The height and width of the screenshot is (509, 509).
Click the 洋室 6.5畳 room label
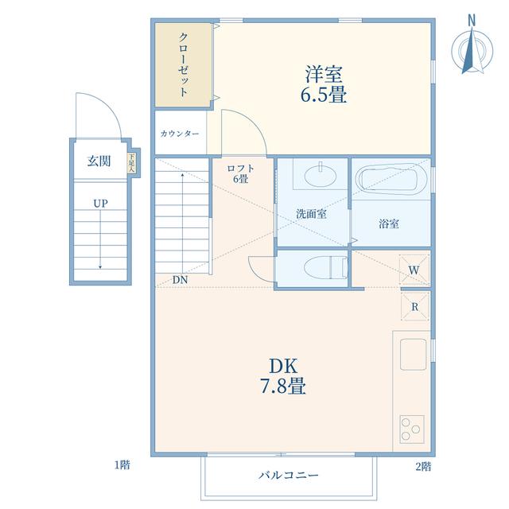pyautogui.click(x=324, y=84)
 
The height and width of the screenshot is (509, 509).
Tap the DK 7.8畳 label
pyautogui.click(x=283, y=376)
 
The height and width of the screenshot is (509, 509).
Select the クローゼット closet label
pyautogui.click(x=184, y=64)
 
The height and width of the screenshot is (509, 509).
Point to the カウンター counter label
pyautogui.click(x=180, y=134)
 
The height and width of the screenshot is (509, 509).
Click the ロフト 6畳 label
pyautogui.click(x=240, y=173)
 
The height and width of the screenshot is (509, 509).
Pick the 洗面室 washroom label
pyautogui.click(x=311, y=214)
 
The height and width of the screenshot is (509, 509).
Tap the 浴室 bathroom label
pyautogui.click(x=389, y=223)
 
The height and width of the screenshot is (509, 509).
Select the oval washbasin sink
pyautogui.click(x=321, y=175)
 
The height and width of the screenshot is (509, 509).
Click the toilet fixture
pyautogui.click(x=325, y=267)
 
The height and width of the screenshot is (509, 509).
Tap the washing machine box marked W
pyautogui.click(x=414, y=270)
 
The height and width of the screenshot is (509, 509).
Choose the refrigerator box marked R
pyautogui.click(x=415, y=306)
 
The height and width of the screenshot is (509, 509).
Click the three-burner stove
pyautogui.click(x=412, y=429)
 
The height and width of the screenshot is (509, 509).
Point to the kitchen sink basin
pyautogui.click(x=413, y=355)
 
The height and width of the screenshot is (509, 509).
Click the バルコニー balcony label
pyautogui.click(x=289, y=476)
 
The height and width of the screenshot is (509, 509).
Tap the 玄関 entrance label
pyautogui.click(x=99, y=161)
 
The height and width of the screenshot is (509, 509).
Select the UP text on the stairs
pyautogui.click(x=100, y=204)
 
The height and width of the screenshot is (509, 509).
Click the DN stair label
pyautogui.click(x=181, y=280)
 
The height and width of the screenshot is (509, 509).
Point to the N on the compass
pyautogui.click(x=472, y=21)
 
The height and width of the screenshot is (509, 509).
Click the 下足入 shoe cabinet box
pyautogui.click(x=131, y=162)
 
